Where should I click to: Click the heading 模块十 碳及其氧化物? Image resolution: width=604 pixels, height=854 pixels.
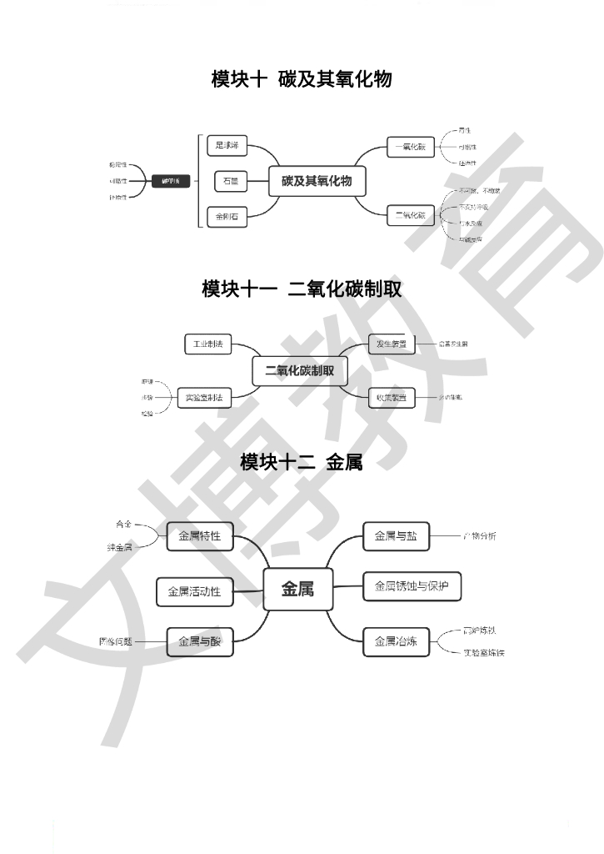(x=302, y=80)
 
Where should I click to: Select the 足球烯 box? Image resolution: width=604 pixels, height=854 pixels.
(x=227, y=146)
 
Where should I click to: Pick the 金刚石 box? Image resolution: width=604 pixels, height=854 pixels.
(x=227, y=217)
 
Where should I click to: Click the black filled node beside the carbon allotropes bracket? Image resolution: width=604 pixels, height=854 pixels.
(x=171, y=180)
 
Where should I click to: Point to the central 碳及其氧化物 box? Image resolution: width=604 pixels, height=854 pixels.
(x=317, y=181)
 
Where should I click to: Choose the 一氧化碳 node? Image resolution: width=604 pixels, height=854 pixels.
(x=410, y=148)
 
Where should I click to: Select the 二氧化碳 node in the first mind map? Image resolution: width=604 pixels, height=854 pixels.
(x=410, y=215)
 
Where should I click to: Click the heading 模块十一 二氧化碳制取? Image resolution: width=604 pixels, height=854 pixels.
(x=302, y=289)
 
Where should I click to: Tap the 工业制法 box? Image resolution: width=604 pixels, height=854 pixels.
(x=208, y=344)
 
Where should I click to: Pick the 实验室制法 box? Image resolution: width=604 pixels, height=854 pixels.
(x=204, y=398)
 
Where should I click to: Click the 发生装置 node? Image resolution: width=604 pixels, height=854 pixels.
(x=392, y=344)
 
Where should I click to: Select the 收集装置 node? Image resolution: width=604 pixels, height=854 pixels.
(x=392, y=398)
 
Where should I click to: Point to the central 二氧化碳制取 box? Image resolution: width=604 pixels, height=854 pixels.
(x=300, y=371)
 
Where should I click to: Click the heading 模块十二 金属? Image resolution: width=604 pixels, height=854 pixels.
(x=302, y=462)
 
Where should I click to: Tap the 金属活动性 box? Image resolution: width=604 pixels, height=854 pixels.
(x=194, y=591)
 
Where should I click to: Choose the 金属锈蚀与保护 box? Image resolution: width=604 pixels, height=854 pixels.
(x=412, y=585)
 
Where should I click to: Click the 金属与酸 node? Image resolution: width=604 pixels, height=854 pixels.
(x=200, y=641)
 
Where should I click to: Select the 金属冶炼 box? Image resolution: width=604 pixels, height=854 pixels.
(x=396, y=641)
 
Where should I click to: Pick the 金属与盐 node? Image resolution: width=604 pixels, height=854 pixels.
(x=396, y=536)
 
